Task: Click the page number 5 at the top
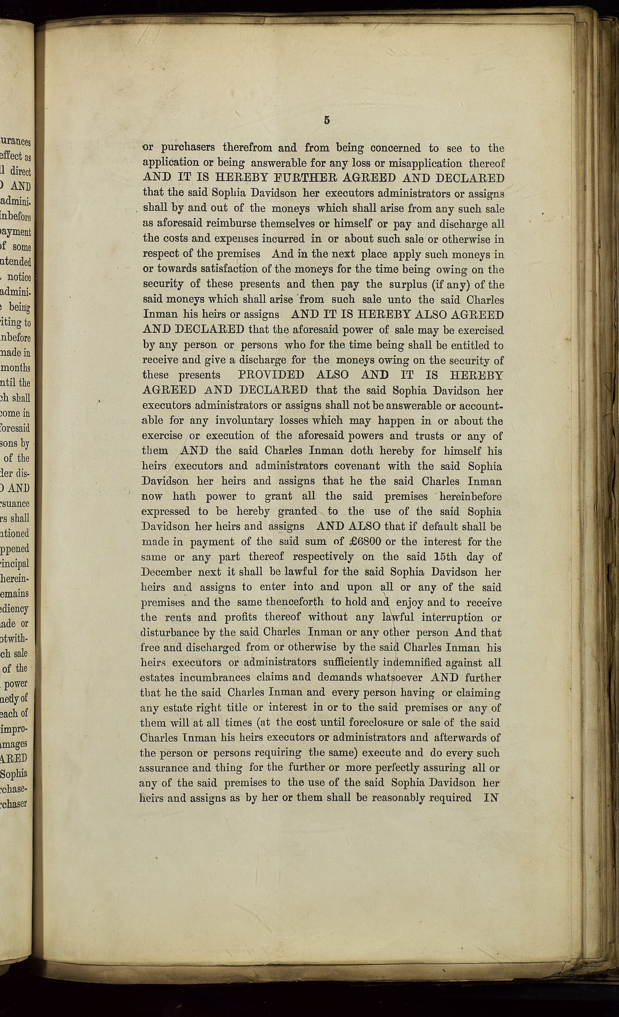tap(327, 120)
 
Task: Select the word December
tap(166, 572)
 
